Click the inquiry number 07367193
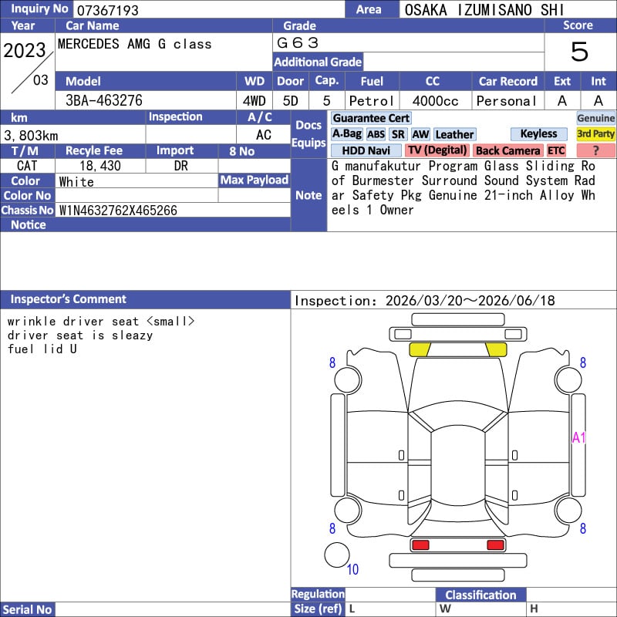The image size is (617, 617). point(107,10)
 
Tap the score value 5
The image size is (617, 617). point(580,52)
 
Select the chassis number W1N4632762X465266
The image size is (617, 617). point(118,211)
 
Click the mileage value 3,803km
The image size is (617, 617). point(31,136)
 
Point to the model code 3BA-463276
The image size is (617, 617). point(104,101)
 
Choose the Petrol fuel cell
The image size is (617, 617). point(372,101)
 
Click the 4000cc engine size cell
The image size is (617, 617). point(435,101)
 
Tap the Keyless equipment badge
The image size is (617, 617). point(538,133)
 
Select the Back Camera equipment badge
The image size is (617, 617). point(508,150)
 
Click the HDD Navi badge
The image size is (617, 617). point(366,150)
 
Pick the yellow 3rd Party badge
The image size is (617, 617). point(595,133)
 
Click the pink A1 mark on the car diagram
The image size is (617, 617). point(578,437)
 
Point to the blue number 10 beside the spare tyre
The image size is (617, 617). point(352,569)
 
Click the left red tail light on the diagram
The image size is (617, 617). point(420,545)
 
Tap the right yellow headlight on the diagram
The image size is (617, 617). point(496,349)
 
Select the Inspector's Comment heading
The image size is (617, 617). point(69,299)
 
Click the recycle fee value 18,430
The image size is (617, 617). point(100,166)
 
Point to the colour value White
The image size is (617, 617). point(76,182)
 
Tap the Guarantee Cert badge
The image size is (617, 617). point(371,118)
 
